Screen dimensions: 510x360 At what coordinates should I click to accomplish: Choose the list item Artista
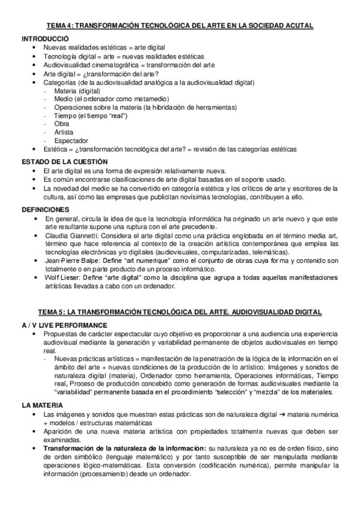64,132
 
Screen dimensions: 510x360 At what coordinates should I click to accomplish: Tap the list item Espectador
70,140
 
